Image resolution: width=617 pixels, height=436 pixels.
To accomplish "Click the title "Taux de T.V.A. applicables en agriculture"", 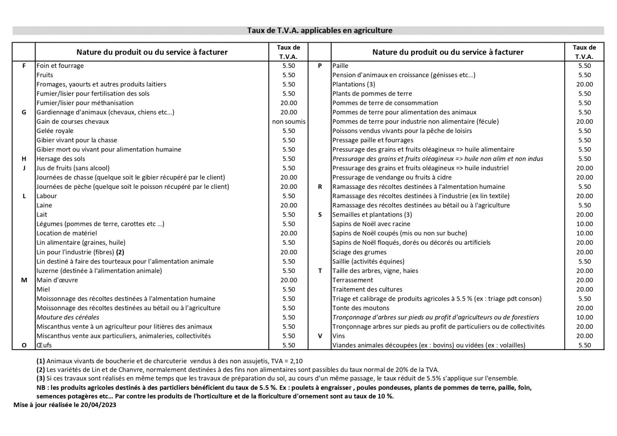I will (319, 31).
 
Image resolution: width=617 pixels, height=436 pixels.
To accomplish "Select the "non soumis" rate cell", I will (288, 121).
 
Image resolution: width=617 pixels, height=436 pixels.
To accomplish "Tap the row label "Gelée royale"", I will (55, 131).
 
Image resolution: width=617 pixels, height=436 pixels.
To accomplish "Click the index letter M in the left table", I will (24, 280).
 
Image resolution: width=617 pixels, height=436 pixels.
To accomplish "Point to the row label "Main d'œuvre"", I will (57, 280).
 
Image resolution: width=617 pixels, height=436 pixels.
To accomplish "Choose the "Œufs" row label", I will (44, 345).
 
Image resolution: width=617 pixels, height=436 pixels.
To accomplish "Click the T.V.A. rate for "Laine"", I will (288, 205).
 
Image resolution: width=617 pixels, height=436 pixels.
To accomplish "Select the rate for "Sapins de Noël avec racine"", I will (584, 224).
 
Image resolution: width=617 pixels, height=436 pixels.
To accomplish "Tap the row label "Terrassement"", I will (352, 280).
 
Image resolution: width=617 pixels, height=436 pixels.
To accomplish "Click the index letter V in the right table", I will (320, 336).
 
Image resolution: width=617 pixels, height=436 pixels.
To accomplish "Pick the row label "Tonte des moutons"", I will (360, 308).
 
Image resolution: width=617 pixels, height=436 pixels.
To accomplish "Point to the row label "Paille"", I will (340, 66).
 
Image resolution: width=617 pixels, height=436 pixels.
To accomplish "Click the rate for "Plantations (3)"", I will (584, 84).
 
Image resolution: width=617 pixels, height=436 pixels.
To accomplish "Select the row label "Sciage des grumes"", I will (359, 252).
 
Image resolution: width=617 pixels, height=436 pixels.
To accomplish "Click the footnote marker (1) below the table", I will (41, 361).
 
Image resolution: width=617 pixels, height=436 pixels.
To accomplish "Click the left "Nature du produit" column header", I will (152, 52).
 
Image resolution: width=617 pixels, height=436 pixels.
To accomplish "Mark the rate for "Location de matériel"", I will (288, 233).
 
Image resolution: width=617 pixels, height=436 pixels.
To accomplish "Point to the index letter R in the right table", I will (320, 186).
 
